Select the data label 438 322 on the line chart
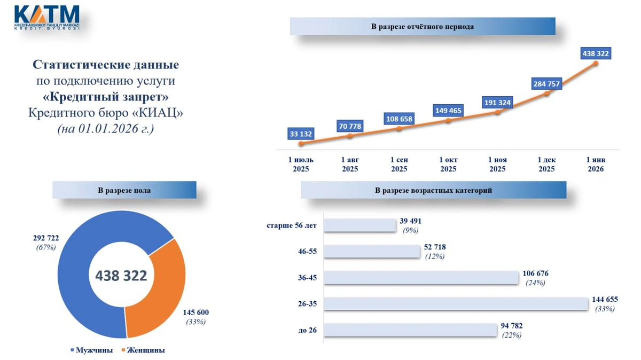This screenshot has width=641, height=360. (595, 53)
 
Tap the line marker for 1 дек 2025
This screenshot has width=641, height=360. (546, 94)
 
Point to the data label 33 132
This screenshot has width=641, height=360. (301, 134)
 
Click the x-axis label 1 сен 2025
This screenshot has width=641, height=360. (399, 165)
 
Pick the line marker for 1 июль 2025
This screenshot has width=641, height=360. (301, 144)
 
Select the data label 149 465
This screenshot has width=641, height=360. (448, 111)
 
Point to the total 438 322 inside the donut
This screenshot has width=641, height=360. (121, 275)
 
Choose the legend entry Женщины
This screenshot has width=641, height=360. (145, 350)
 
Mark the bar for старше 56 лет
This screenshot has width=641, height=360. (360, 225)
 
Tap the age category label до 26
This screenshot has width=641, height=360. (308, 330)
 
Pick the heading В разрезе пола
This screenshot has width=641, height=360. (124, 190)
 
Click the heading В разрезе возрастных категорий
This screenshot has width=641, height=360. (433, 190)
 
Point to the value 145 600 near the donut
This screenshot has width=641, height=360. (196, 312)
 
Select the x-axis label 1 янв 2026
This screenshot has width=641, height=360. (595, 165)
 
